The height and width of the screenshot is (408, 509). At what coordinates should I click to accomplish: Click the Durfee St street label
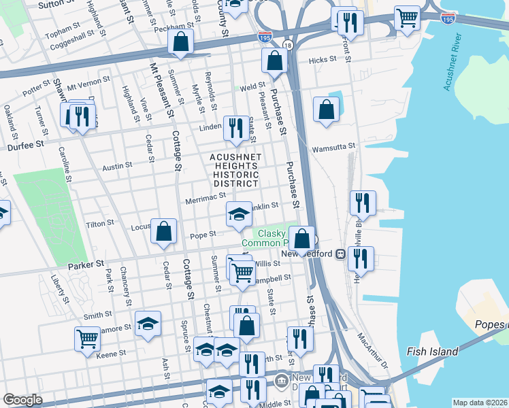(x=26, y=144)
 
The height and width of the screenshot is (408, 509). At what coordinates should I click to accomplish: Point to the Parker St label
(x=85, y=263)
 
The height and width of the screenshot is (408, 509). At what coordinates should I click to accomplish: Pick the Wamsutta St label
(x=333, y=147)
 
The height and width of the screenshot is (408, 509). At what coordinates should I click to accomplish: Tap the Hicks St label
(x=323, y=60)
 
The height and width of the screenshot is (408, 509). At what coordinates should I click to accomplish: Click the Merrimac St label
(x=205, y=197)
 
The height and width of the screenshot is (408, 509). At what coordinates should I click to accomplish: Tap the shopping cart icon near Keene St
(x=88, y=338)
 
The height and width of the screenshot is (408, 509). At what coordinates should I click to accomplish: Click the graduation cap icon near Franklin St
(x=239, y=214)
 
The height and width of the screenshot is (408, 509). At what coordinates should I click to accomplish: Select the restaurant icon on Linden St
(x=236, y=127)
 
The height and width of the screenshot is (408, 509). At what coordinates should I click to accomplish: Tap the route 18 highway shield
(x=288, y=45)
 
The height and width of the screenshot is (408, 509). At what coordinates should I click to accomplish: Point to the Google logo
(x=22, y=400)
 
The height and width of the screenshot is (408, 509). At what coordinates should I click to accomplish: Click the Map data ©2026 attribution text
(x=480, y=403)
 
